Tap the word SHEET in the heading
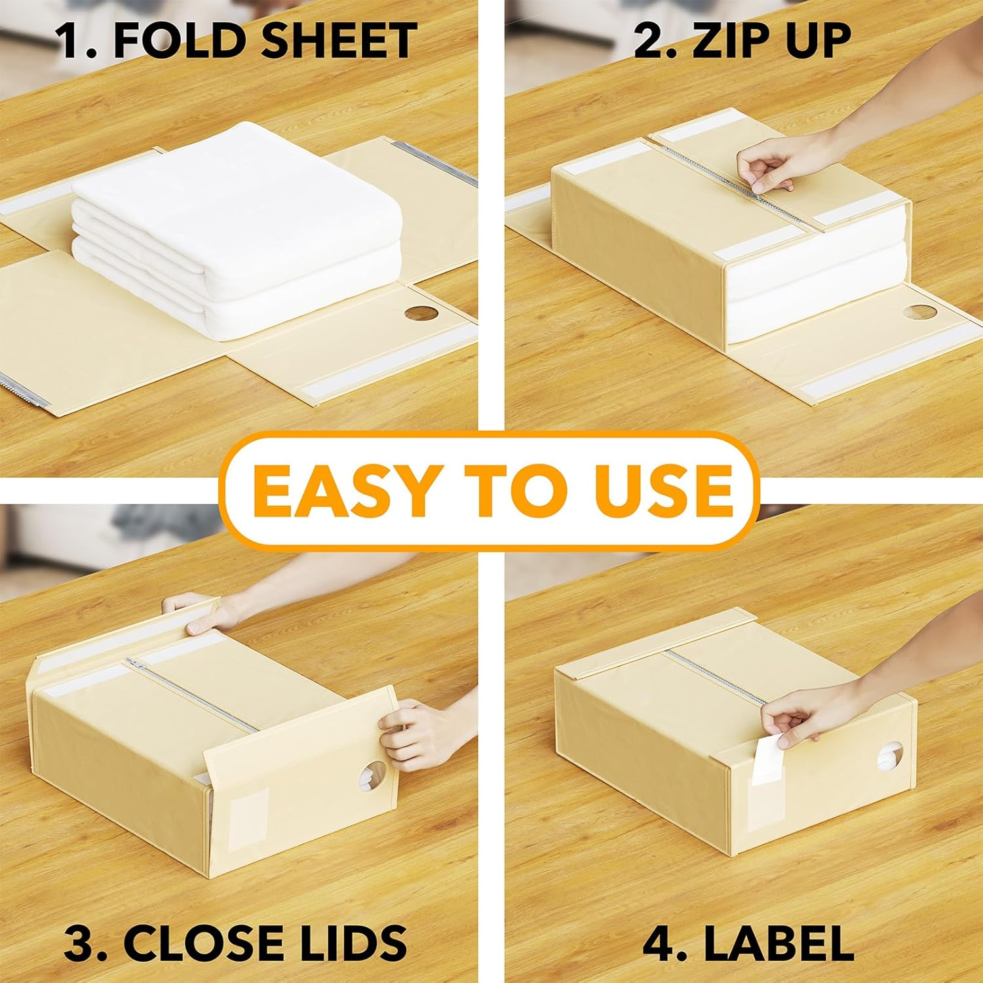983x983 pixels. [x=339, y=41]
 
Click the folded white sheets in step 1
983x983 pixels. [x=236, y=229]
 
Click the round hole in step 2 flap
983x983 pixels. [x=920, y=313]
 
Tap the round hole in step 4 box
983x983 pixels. [x=890, y=758]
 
